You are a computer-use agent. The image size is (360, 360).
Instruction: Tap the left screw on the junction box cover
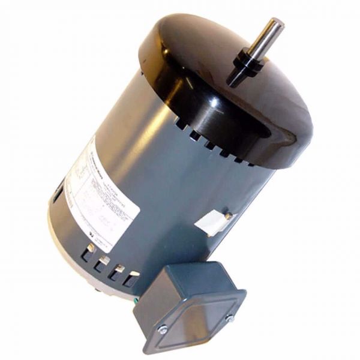pos(163,327)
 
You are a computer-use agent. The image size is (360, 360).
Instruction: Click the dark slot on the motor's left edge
pos(55,196)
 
